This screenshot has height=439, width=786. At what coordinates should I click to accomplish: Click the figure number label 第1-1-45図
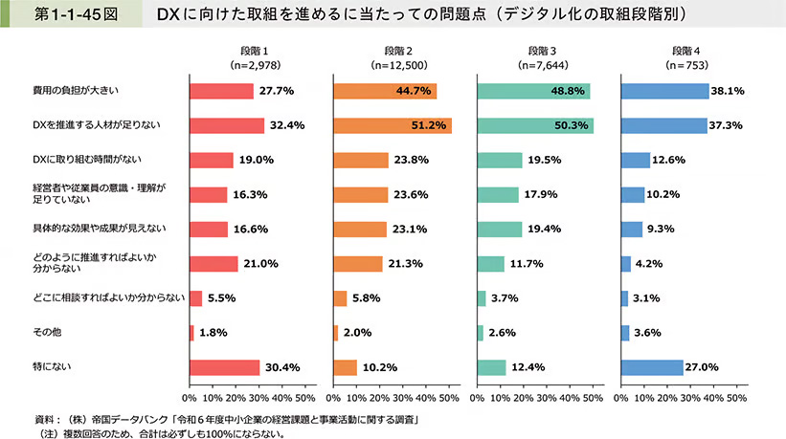click(62, 16)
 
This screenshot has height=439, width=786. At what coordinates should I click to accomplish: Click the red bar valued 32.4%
click(226, 125)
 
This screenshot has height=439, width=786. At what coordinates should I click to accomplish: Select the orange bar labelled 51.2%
click(393, 125)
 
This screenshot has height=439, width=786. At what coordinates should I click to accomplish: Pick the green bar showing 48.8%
click(533, 91)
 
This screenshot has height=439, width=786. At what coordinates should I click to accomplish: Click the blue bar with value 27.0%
click(652, 367)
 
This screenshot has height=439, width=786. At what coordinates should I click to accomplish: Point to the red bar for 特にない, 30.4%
click(224, 367)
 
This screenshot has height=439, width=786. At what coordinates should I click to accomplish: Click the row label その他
click(45, 333)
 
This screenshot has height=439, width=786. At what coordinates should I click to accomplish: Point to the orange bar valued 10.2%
click(345, 367)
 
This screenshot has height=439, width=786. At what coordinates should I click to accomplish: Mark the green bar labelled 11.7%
click(490, 264)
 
